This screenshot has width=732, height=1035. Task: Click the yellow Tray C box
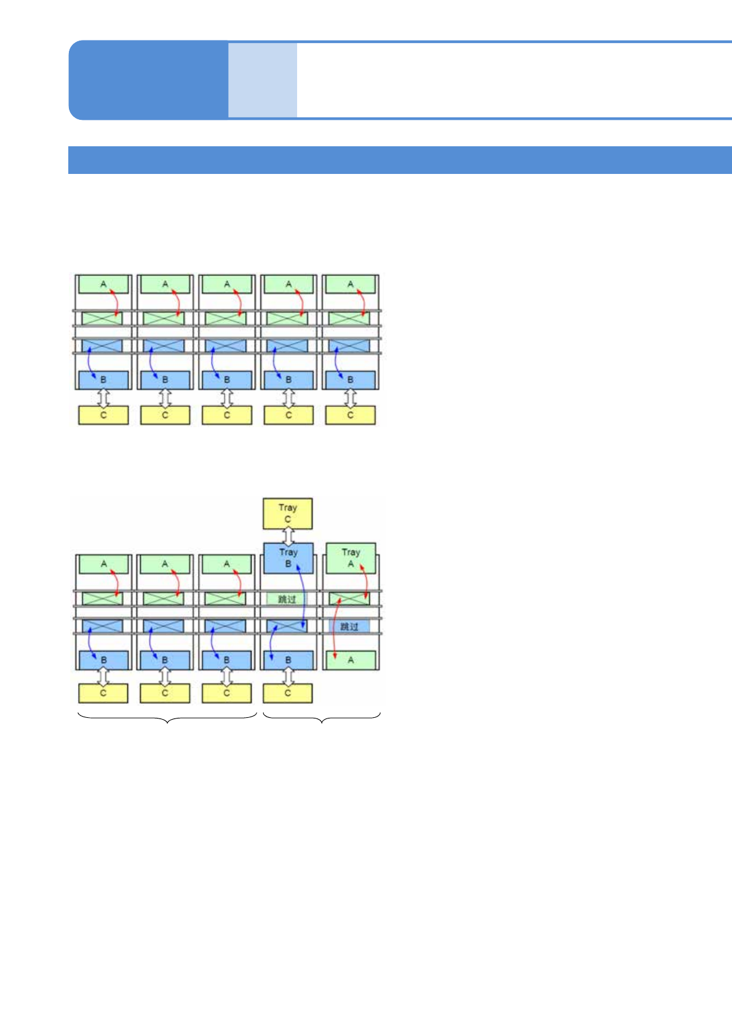pyautogui.click(x=287, y=514)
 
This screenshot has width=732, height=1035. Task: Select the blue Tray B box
pyautogui.click(x=288, y=557)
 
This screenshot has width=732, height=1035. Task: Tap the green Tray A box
pyautogui.click(x=350, y=557)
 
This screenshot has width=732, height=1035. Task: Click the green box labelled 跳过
pyautogui.click(x=287, y=599)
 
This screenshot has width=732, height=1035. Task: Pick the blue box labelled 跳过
pyautogui.click(x=349, y=626)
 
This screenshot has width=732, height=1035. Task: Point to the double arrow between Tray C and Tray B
pyautogui.click(x=288, y=535)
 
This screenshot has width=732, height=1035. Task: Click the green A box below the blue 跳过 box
pyautogui.click(x=350, y=660)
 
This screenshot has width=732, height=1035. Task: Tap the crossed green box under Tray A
pyautogui.click(x=349, y=599)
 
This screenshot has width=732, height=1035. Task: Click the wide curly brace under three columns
pyautogui.click(x=167, y=717)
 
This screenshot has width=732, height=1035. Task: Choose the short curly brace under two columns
pyautogui.click(x=322, y=717)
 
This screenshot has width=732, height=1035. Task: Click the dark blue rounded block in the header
pyautogui.click(x=148, y=80)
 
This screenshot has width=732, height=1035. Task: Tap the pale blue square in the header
pyautogui.click(x=263, y=80)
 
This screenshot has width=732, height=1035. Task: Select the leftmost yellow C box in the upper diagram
pyautogui.click(x=103, y=415)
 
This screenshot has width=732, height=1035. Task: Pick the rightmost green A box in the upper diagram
pyautogui.click(x=350, y=285)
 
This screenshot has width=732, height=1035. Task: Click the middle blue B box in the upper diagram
pyautogui.click(x=226, y=380)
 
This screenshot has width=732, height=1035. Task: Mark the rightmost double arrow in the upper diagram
pyautogui.click(x=350, y=398)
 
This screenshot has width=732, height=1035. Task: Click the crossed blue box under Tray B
pyautogui.click(x=287, y=626)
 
